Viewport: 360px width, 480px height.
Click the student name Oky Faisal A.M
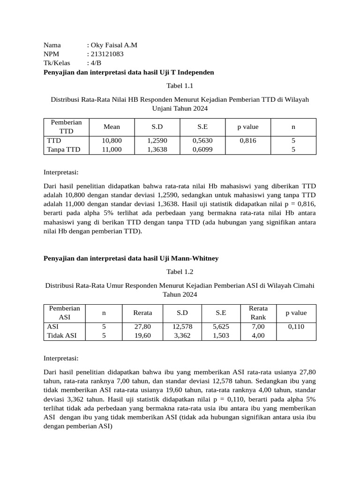114,45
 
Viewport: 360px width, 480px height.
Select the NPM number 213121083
107,54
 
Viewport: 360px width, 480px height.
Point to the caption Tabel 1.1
180,86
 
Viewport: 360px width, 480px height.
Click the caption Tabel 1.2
180,271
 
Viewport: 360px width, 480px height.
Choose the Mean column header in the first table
112,127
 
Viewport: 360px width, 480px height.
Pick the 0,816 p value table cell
247,141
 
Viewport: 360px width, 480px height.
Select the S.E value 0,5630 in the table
202,141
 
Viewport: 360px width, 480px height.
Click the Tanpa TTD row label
64,150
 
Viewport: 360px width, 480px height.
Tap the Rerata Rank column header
258,313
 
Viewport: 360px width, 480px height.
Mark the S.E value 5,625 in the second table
221,326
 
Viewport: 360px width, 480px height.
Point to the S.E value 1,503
221,335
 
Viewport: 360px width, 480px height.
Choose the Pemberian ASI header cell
64,313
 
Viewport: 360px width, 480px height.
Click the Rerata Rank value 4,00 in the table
258,335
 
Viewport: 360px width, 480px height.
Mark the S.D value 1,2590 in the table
157,141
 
